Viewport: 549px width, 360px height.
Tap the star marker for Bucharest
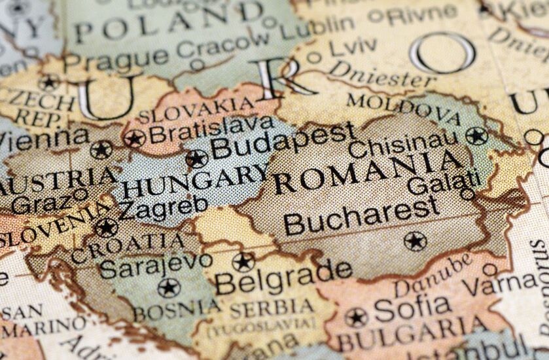415,241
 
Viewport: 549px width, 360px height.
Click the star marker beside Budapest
196,158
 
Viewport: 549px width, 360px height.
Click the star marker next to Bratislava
135,138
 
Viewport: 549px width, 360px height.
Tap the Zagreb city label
162,208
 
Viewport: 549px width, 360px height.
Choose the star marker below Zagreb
106,227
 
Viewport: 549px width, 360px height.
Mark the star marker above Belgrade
243,262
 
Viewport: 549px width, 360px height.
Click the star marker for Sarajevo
168,287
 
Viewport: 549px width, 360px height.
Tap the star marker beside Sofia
356,317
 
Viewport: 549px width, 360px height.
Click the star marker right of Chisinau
476,136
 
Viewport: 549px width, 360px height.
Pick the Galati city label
444,180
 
